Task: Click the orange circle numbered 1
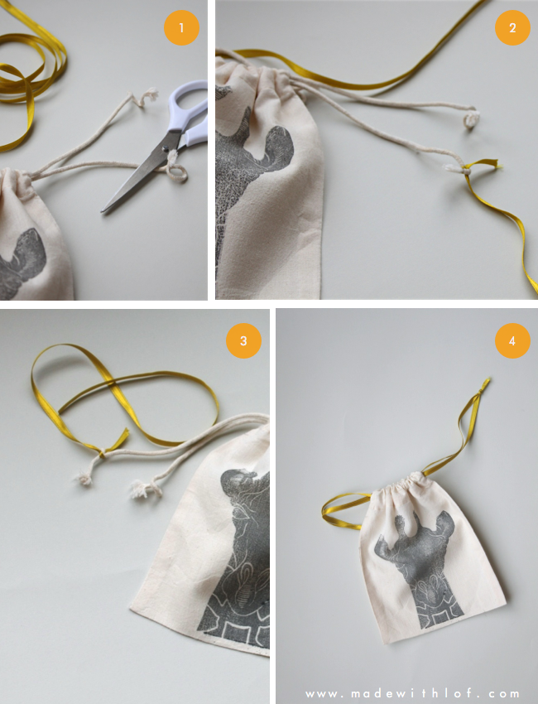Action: pyautogui.click(x=181, y=28)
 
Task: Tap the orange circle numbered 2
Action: pyautogui.click(x=512, y=28)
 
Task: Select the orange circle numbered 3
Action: pyautogui.click(x=243, y=340)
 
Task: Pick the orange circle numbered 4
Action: pyautogui.click(x=512, y=340)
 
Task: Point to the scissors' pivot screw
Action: pyautogui.click(x=165, y=147)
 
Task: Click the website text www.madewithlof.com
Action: pyautogui.click(x=413, y=694)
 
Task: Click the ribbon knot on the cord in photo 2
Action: pyautogui.click(x=467, y=170)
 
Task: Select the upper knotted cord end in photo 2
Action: pyautogui.click(x=471, y=119)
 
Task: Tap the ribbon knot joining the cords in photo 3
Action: pyautogui.click(x=103, y=452)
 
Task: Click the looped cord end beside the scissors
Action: pyautogui.click(x=176, y=170)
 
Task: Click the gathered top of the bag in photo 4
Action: pyautogui.click(x=398, y=483)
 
